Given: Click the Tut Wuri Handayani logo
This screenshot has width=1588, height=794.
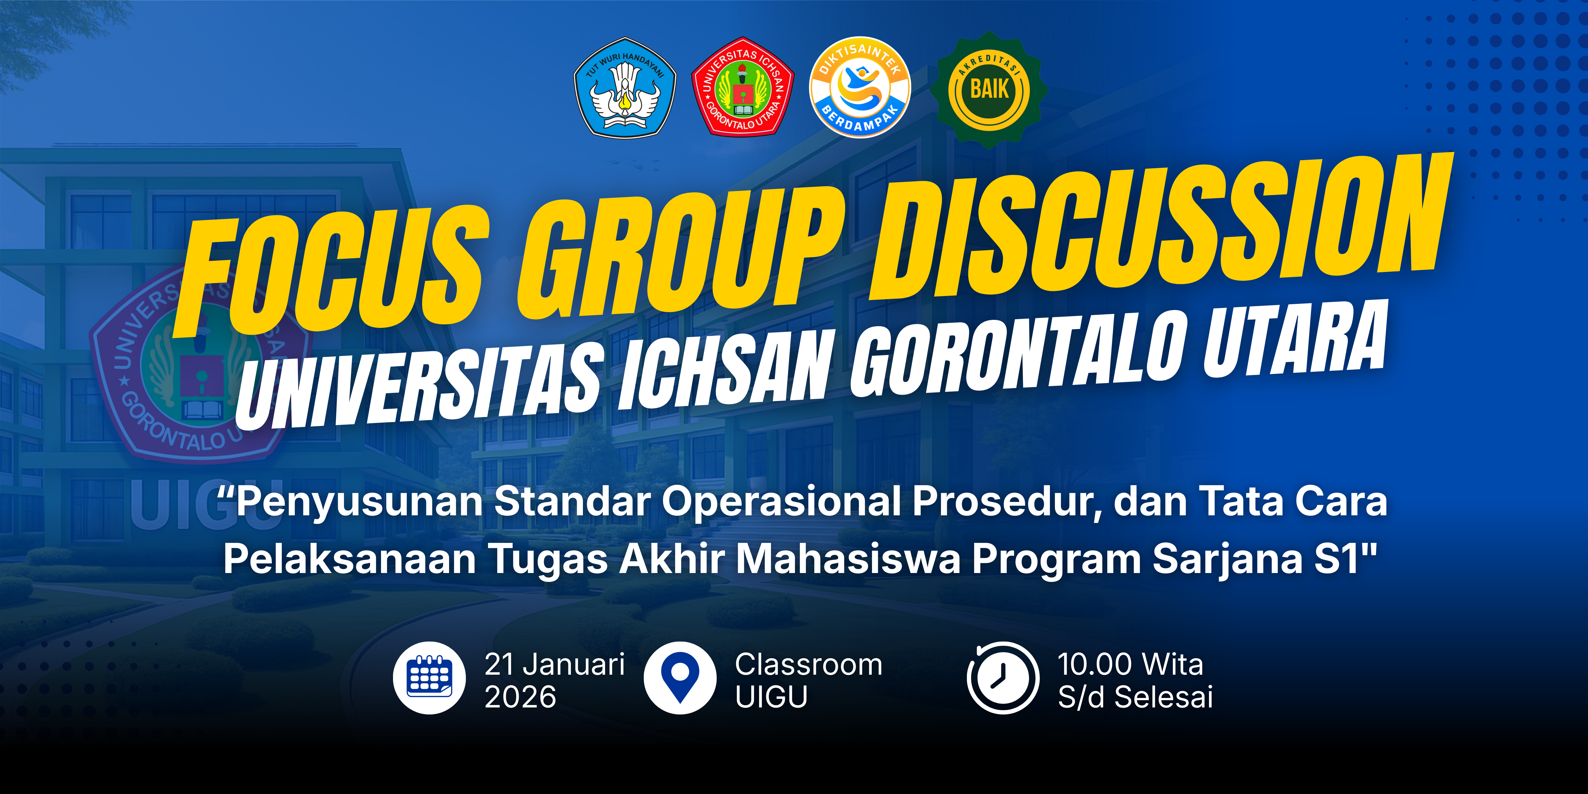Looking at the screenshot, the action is pyautogui.click(x=624, y=88).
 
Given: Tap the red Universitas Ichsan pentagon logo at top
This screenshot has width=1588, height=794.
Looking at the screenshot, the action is pyautogui.click(x=743, y=86).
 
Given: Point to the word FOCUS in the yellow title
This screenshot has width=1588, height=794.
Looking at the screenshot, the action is pyautogui.click(x=330, y=277).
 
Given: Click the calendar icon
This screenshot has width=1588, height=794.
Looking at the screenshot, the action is pyautogui.click(x=430, y=678).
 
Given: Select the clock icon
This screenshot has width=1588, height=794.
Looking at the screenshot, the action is pyautogui.click(x=1003, y=678).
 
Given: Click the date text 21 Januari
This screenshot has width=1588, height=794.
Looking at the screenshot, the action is pyautogui.click(x=555, y=665).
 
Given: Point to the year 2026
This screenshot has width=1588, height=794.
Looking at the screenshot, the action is pyautogui.click(x=520, y=697).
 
